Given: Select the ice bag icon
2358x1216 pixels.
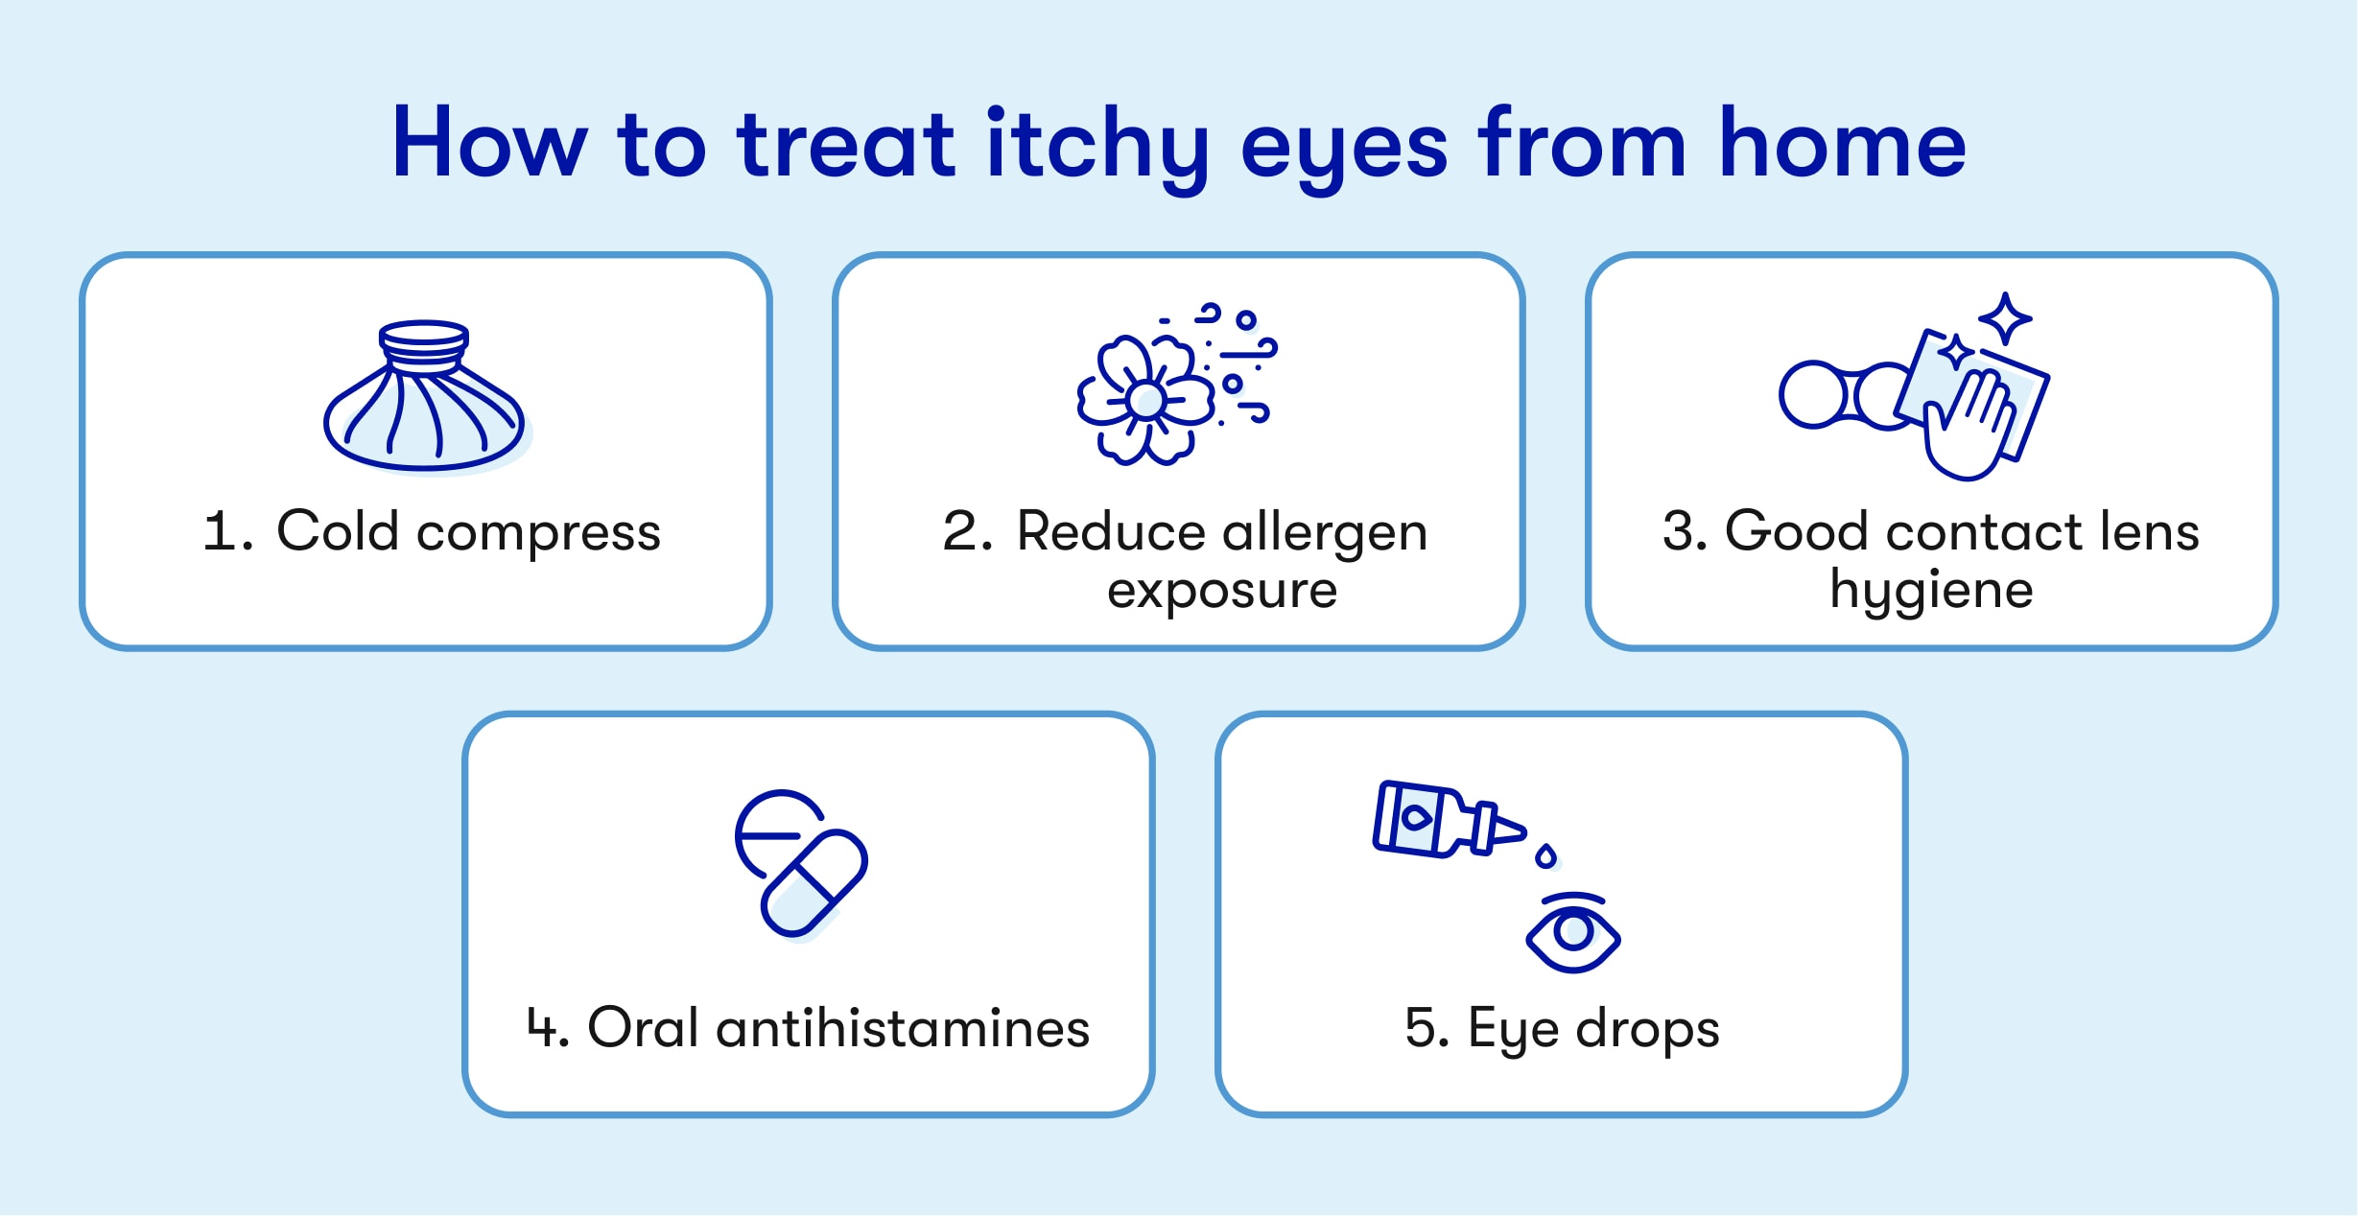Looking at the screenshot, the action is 425,395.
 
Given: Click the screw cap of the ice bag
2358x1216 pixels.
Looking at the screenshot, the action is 424,346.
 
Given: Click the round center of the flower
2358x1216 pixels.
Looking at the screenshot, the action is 1145,400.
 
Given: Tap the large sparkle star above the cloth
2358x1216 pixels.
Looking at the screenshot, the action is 2005,318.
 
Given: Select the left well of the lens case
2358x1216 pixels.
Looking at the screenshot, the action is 1811,394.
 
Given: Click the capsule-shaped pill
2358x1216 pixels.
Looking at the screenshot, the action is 814,883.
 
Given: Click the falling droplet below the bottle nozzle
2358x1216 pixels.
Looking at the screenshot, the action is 1545,856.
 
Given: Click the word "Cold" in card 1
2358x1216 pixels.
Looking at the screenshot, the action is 338,530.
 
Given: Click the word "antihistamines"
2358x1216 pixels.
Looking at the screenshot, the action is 903,1028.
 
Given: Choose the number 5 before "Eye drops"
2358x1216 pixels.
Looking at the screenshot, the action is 1420,1028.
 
